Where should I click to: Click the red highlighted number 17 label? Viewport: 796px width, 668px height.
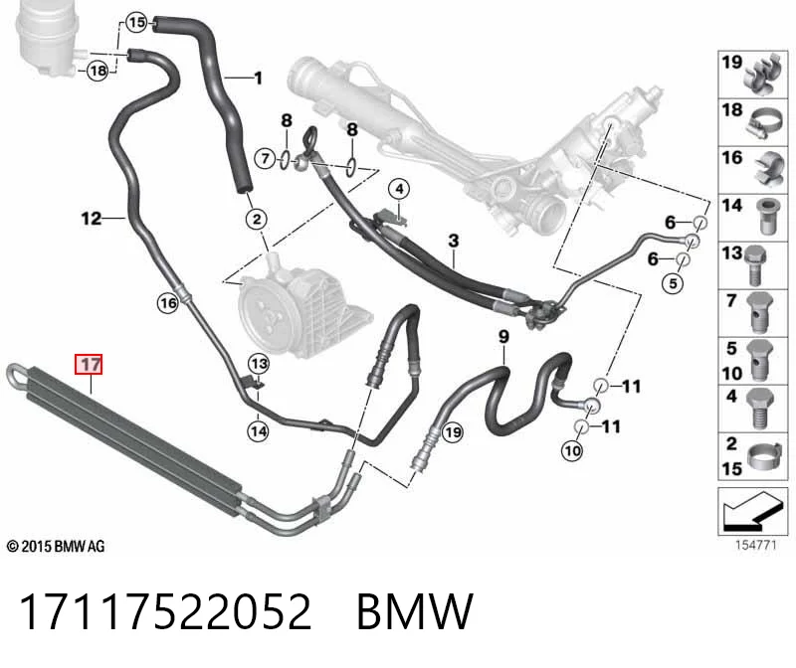tap(89, 364)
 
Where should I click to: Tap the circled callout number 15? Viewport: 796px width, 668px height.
tap(136, 22)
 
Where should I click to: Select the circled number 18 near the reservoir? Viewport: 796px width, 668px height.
tap(98, 71)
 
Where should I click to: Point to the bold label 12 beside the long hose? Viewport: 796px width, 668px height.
tap(92, 219)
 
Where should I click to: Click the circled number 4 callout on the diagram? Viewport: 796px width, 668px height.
tap(400, 189)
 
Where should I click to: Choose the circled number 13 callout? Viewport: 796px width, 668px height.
tap(259, 364)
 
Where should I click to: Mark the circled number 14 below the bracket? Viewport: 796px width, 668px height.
tap(259, 431)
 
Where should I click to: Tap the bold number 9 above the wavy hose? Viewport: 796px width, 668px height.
tap(503, 337)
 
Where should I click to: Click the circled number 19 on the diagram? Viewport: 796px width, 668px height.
tap(453, 432)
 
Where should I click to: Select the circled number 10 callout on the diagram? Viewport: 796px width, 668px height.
tap(573, 450)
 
